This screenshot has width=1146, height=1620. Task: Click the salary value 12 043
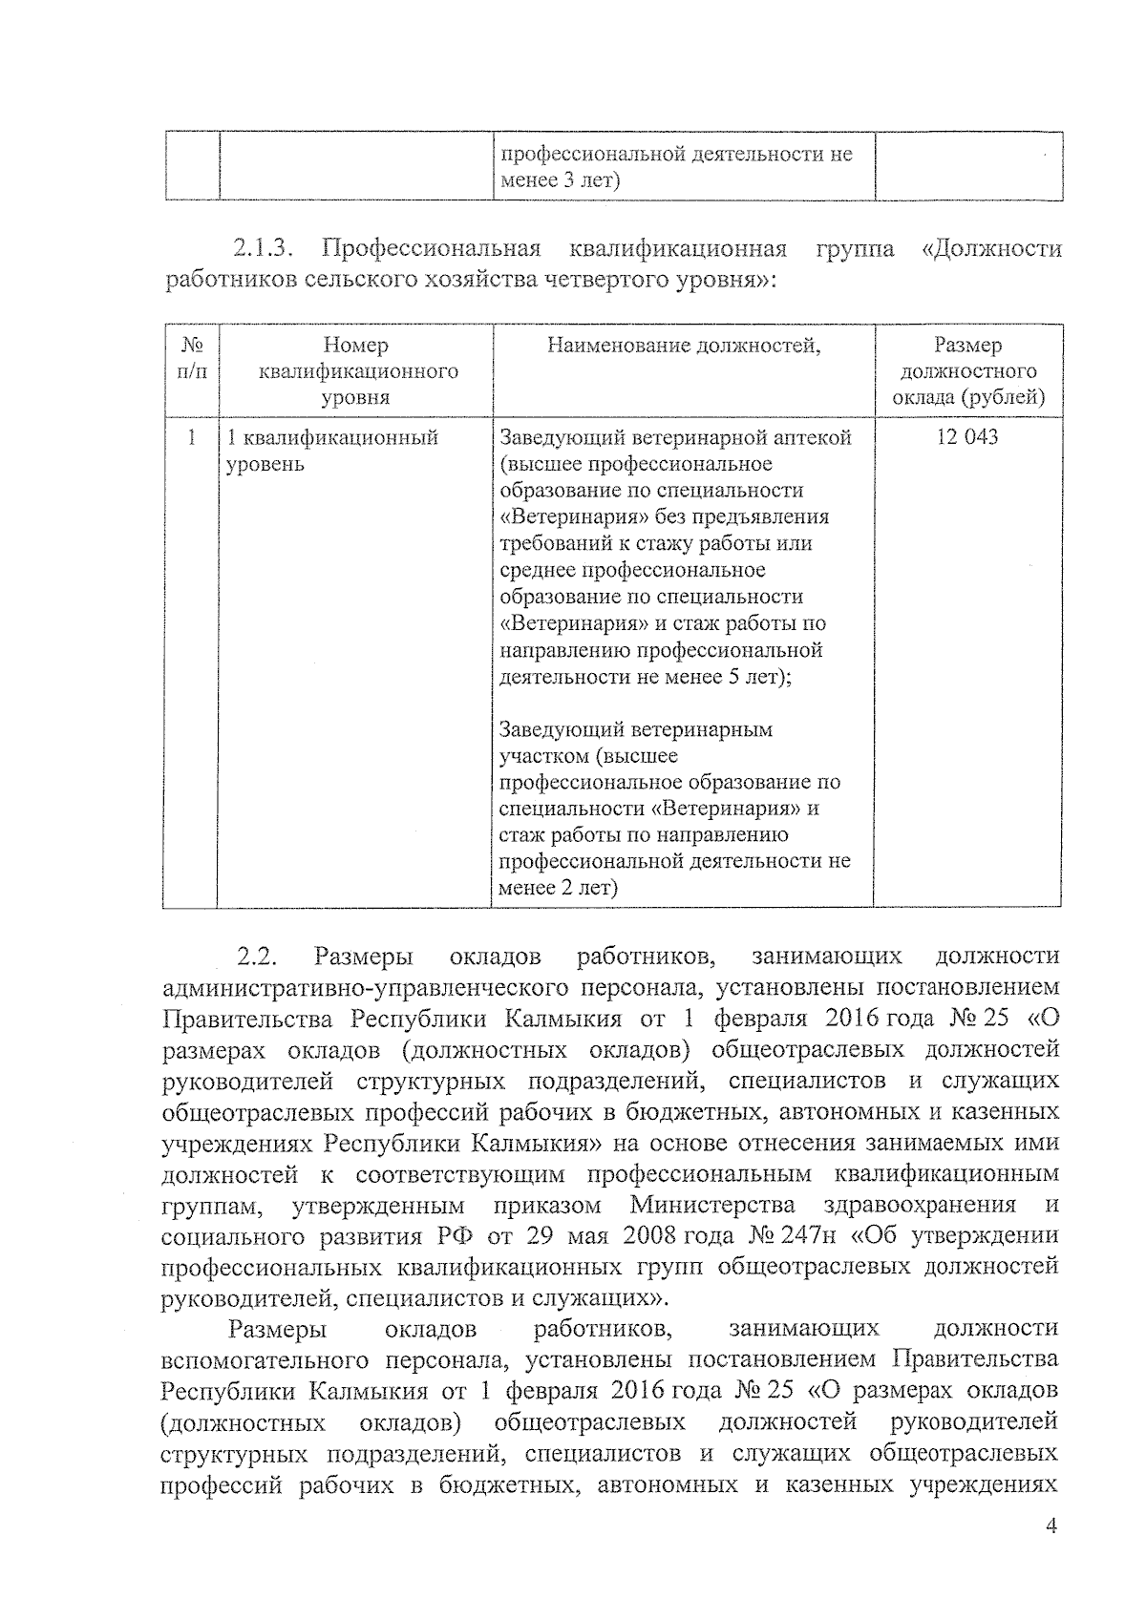tap(967, 437)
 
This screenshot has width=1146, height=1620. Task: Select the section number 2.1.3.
tap(261, 250)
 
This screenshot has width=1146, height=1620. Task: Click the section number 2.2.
tap(256, 957)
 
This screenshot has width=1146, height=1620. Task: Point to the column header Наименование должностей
tap(684, 346)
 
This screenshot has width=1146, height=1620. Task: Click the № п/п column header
tap(192, 358)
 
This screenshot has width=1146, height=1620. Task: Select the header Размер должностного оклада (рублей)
tap(967, 371)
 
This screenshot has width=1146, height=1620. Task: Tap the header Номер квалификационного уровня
tap(355, 371)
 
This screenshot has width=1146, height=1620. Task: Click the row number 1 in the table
tap(192, 437)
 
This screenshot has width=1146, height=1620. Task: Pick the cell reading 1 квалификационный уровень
tap(331, 451)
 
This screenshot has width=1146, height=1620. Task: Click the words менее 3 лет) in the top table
tap(560, 180)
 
